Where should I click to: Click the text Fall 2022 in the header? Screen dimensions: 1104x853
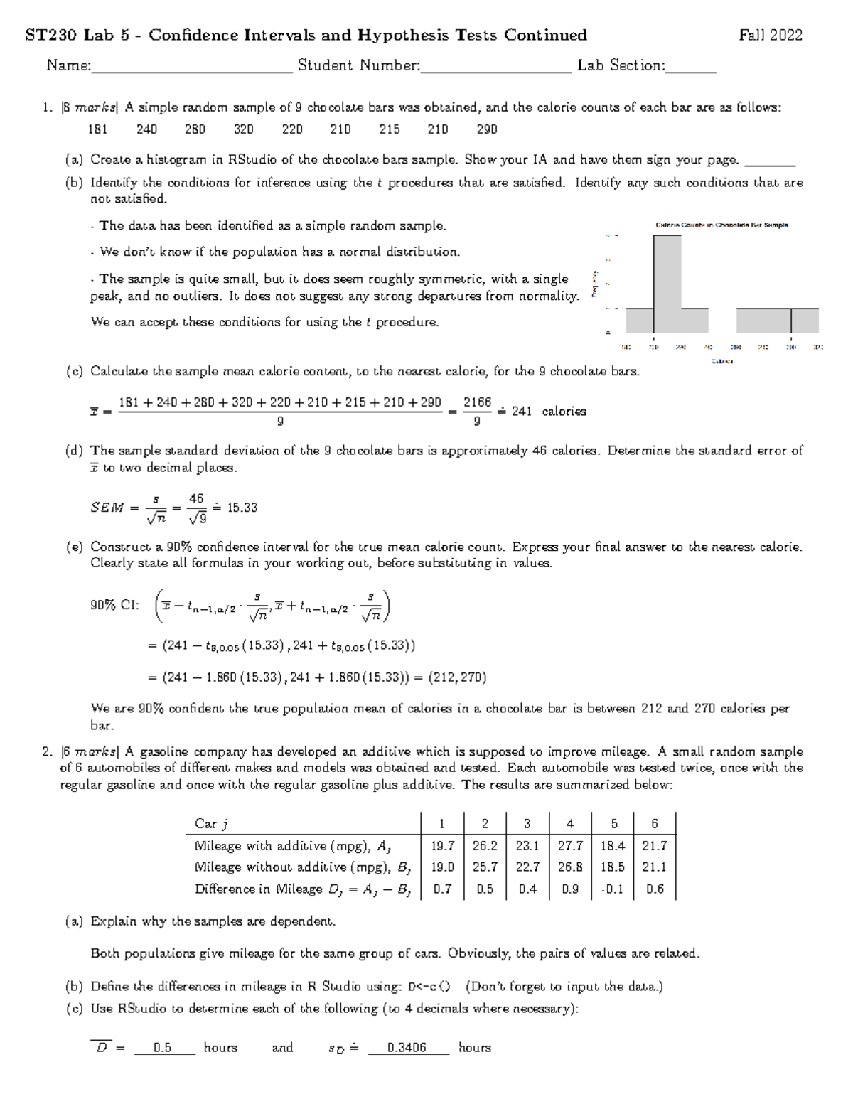pos(771,36)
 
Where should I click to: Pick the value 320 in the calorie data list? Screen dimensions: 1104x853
pos(244,129)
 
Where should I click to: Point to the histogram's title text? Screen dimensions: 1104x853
pos(721,225)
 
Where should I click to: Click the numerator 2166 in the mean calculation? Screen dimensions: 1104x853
pos(477,402)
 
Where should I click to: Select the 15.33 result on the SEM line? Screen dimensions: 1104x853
pos(242,508)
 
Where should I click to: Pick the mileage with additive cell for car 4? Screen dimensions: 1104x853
pos(570,846)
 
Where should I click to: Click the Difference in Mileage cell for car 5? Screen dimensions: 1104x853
pos(613,889)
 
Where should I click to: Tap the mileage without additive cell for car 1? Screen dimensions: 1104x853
pos(442,867)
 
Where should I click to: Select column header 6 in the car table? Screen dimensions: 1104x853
pos(655,824)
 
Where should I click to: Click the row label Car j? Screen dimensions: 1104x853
pos(211,824)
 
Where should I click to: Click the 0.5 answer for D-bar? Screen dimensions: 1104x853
pos(163,1048)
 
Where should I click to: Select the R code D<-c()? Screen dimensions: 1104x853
pos(429,987)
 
